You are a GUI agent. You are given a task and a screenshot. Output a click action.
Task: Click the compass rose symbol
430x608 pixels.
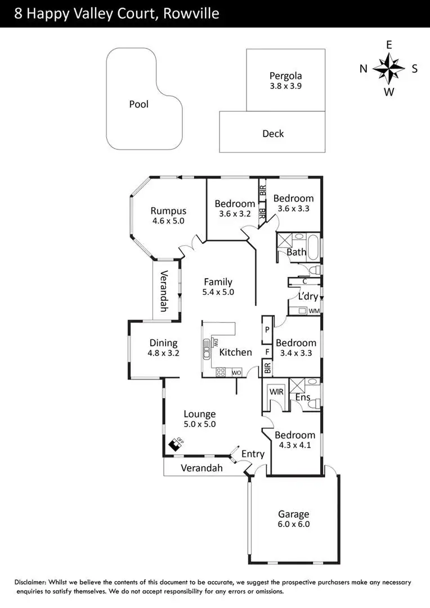tap(389, 68)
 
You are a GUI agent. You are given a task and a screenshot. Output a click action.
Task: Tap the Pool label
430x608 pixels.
tap(138, 104)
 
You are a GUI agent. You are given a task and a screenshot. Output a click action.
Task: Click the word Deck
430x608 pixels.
tap(273, 134)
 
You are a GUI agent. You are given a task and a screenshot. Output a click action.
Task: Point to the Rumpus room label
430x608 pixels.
tap(168, 211)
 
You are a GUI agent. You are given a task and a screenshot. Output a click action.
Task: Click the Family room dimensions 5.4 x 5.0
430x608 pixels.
tap(218, 292)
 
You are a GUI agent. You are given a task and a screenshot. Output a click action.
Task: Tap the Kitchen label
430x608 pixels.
tap(235, 352)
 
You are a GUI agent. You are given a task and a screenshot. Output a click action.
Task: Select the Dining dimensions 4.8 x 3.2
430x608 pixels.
tap(163, 354)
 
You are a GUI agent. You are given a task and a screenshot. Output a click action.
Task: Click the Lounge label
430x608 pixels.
tap(200, 414)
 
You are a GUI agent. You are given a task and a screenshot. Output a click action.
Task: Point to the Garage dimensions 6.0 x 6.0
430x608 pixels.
tap(293, 524)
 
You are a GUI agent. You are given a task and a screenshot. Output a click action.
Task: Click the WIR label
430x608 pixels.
tap(276, 391)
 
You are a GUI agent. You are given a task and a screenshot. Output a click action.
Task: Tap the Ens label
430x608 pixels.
tap(302, 397)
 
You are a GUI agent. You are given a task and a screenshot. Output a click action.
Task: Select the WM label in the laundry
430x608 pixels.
tap(313, 311)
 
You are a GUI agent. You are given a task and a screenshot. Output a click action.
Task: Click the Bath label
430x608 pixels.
tap(296, 252)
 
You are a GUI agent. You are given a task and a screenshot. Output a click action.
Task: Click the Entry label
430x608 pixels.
tap(253, 454)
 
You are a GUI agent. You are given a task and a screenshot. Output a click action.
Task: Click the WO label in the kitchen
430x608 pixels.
tap(236, 372)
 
